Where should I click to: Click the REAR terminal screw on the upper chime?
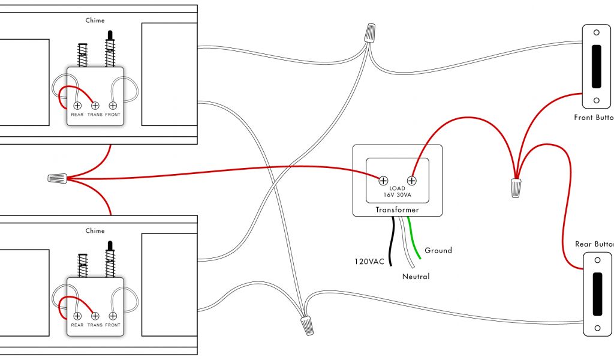(77, 105)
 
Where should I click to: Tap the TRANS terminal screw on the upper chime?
(95, 105)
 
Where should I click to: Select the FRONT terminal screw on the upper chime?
(113, 105)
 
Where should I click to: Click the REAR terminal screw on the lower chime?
(77, 316)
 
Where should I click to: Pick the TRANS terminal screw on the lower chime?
(95, 316)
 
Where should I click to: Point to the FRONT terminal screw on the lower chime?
(113, 316)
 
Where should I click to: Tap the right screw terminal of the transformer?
(412, 179)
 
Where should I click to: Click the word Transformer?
(397, 210)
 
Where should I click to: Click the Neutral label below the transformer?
(416, 277)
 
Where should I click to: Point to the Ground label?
(438, 250)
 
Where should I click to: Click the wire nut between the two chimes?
(57, 178)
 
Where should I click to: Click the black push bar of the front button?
(597, 65)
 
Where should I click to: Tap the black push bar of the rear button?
(597, 294)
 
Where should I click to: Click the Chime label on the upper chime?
(95, 20)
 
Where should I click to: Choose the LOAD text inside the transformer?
(397, 188)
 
